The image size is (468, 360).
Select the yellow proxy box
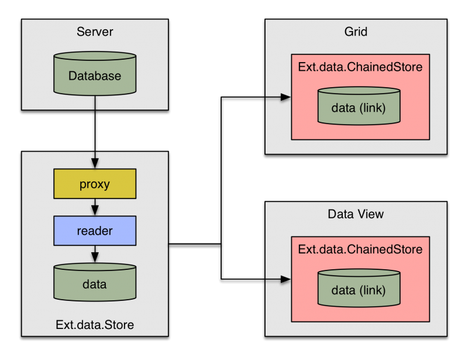[95, 184]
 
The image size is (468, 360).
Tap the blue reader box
[95, 231]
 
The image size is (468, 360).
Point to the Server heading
[95, 31]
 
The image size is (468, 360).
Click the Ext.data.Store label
[95, 324]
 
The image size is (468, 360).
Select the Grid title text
[356, 31]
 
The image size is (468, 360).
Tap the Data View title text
[356, 214]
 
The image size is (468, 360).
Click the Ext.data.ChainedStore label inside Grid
[360, 67]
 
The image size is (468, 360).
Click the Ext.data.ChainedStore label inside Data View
[360, 249]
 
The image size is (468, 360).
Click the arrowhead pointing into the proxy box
[95, 163]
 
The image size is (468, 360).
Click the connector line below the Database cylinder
[95, 103]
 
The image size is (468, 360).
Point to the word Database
[95, 76]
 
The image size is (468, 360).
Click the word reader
[95, 231]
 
